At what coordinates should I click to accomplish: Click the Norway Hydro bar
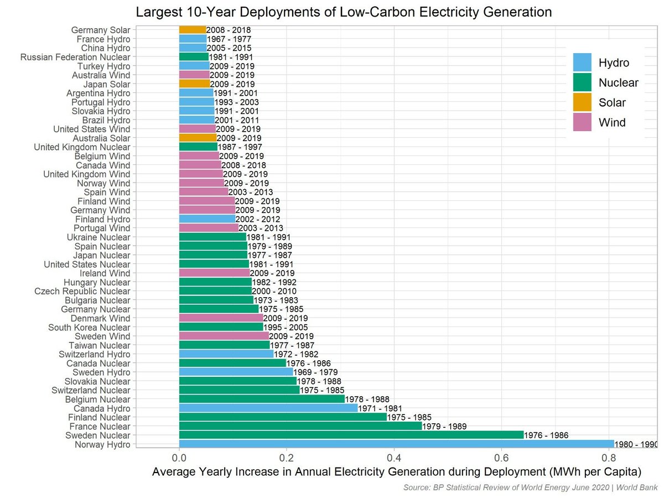396,444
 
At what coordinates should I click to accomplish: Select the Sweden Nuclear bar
351,435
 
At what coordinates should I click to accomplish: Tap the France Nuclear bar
300,427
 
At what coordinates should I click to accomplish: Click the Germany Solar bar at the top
192,30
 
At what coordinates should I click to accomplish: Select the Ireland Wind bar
214,273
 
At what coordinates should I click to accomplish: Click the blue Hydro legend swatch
582,63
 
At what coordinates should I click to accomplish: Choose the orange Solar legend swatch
582,102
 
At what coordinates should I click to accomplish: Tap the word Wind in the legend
612,122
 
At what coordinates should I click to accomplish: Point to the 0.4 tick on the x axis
393,458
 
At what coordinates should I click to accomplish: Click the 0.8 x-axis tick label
608,458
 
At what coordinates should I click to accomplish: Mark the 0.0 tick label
179,458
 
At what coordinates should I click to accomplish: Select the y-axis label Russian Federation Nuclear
75,57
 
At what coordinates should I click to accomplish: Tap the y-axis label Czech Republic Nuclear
82,291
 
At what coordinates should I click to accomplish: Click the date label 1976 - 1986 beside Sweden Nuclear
546,436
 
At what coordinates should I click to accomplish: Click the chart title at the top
344,12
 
